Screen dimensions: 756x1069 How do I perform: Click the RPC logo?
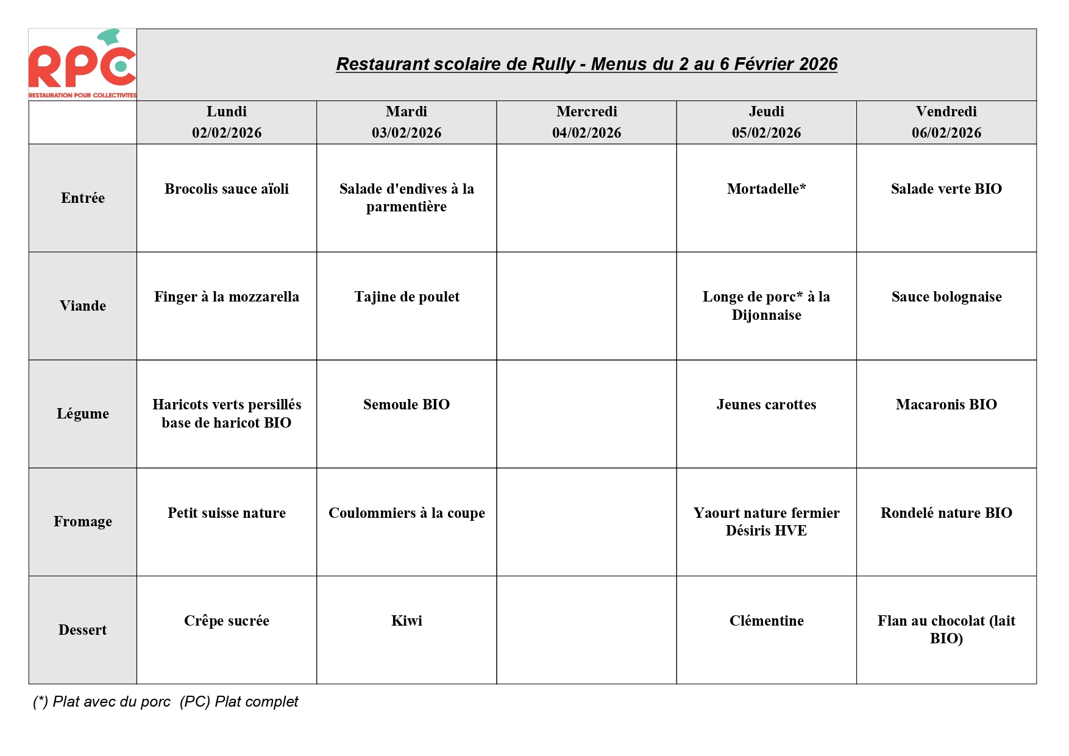click(x=82, y=64)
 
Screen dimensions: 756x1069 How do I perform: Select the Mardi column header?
click(x=407, y=111)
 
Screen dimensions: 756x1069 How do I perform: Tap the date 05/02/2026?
click(x=766, y=133)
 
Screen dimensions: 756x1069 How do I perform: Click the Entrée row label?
click(x=83, y=198)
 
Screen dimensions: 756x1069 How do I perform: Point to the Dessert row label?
click(x=83, y=630)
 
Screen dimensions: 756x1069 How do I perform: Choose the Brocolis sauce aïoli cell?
click(x=227, y=189)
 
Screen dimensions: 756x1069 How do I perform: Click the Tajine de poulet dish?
click(x=407, y=297)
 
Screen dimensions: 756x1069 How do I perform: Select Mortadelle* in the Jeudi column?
click(x=766, y=189)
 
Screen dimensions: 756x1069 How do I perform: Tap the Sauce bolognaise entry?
click(x=946, y=297)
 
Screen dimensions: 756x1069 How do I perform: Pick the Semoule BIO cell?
click(x=407, y=404)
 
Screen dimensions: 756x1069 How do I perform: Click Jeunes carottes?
click(x=766, y=404)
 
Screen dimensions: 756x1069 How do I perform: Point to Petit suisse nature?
click(x=227, y=513)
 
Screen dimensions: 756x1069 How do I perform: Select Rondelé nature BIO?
click(x=946, y=513)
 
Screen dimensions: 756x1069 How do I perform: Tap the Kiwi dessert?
click(x=407, y=621)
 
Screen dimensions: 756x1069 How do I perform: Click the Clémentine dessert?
click(x=766, y=621)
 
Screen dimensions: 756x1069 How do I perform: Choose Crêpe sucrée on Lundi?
click(x=227, y=621)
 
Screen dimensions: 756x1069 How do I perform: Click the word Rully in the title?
click(x=553, y=64)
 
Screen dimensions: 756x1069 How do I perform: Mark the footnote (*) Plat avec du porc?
click(x=102, y=702)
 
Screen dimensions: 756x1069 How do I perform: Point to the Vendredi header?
click(x=946, y=111)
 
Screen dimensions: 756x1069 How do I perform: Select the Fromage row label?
click(x=83, y=521)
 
